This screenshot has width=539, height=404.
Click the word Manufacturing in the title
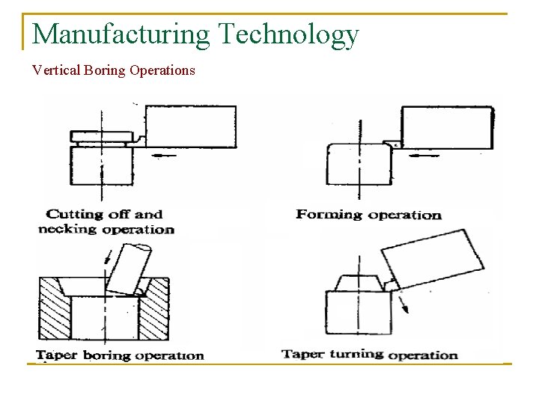(122, 34)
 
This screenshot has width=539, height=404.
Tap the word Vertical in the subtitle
(55, 70)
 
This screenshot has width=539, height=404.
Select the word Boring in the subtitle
(103, 71)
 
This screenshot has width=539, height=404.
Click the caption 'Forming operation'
(368, 215)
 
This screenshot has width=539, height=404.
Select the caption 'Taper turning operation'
(369, 354)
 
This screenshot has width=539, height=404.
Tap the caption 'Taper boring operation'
(120, 355)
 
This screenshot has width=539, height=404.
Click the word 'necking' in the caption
(67, 229)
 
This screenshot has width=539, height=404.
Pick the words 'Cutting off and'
(104, 215)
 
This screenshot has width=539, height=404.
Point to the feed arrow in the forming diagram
(424, 156)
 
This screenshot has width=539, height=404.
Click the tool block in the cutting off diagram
(190, 126)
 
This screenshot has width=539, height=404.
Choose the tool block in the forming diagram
(447, 128)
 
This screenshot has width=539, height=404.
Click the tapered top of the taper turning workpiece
(359, 283)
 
